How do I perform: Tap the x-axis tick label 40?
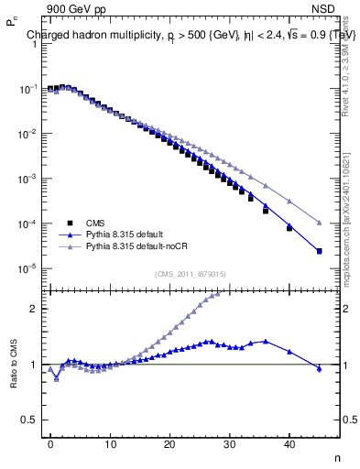(289, 442)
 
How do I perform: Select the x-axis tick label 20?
(169, 442)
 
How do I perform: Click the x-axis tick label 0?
(50, 442)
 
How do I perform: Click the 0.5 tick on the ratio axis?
(31, 420)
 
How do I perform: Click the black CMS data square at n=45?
(319, 251)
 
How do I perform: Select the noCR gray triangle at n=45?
(319, 223)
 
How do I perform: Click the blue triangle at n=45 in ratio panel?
(319, 368)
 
